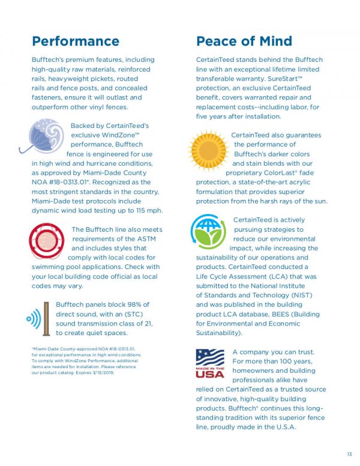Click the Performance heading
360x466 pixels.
[75, 41]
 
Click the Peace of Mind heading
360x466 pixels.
[244, 41]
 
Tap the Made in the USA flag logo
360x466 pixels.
[209, 363]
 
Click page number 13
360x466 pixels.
[349, 453]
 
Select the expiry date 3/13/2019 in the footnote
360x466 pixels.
[101, 373]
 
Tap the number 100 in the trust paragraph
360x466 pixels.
[283, 362]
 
